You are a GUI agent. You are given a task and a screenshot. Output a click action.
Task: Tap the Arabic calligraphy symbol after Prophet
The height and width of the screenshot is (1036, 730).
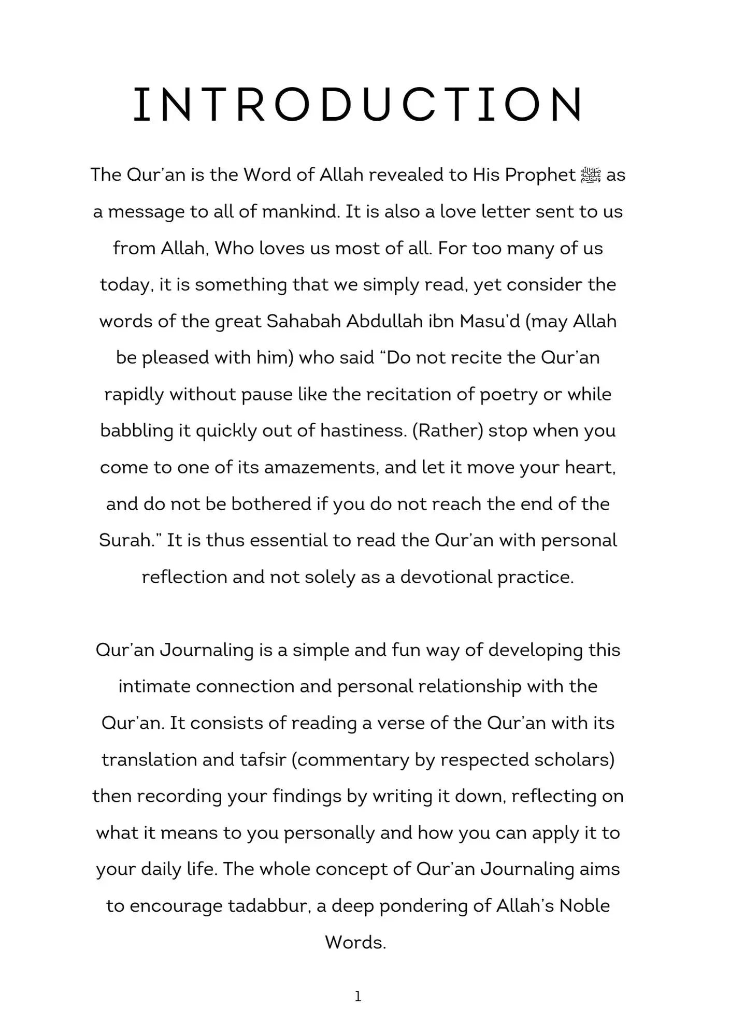click(591, 175)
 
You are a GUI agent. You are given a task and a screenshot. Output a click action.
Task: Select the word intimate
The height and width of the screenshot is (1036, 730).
click(154, 687)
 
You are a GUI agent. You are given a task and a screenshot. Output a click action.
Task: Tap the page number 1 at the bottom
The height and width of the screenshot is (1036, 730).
click(358, 996)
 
